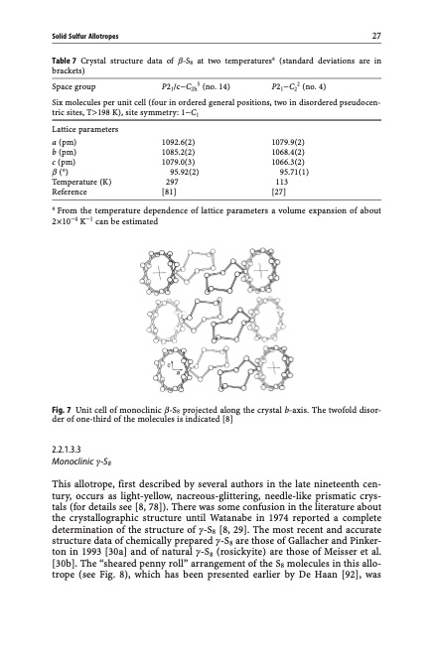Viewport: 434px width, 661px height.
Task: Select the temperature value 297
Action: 171,183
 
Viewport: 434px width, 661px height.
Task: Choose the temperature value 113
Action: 281,183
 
